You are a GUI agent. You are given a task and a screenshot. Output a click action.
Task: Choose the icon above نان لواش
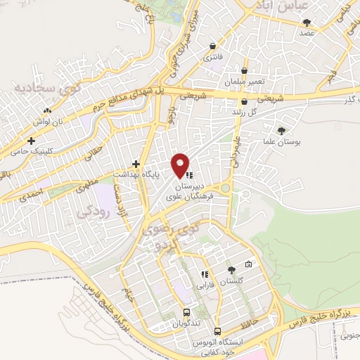tap(47, 110)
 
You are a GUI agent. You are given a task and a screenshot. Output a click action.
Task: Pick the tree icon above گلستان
tap(232, 270)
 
